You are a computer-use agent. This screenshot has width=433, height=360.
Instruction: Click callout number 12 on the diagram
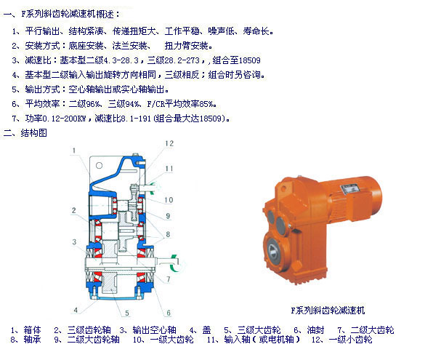169,143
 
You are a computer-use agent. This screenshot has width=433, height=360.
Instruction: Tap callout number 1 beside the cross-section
73,151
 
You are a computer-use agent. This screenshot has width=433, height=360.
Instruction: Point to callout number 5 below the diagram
127,313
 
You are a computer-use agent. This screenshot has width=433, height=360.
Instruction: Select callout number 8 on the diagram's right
168,234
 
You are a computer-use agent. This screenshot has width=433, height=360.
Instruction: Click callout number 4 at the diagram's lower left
76,310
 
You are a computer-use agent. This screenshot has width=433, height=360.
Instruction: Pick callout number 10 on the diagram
169,200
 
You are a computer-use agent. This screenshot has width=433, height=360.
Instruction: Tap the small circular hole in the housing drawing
99,165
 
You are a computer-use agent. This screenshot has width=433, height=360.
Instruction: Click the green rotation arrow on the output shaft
174,263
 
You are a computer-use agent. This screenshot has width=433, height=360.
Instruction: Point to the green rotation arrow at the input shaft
155,187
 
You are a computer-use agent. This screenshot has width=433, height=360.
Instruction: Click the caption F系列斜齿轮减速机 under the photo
328,311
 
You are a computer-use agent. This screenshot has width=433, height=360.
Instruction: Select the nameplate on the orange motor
350,189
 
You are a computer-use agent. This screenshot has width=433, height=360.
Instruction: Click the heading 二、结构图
25,133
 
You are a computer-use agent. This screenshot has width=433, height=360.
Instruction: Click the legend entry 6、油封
309,330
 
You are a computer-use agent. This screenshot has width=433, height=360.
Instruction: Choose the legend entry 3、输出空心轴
148,330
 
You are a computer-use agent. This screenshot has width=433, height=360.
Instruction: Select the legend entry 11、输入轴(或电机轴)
254,339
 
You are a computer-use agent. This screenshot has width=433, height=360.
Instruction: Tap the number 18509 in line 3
249,60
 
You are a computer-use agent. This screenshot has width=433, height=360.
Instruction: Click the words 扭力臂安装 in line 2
186,46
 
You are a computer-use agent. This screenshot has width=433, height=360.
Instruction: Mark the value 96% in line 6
92,104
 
